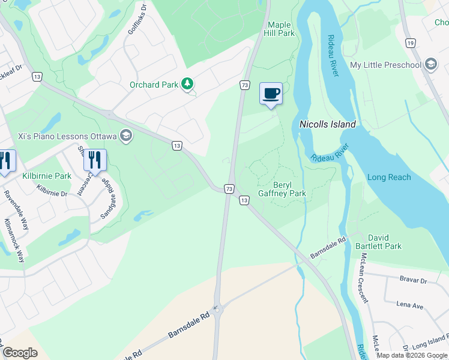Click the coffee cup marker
pyautogui.click(x=271, y=94)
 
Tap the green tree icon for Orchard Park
pyautogui.click(x=188, y=85)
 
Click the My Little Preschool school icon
pyautogui.click(x=430, y=65)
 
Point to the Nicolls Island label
pyautogui.click(x=327, y=124)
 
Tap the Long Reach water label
pyautogui.click(x=389, y=177)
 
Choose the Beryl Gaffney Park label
pyautogui.click(x=282, y=189)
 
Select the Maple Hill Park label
pyautogui.click(x=281, y=29)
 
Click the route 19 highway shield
pyautogui.click(x=411, y=43)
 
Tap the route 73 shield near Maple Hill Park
pyautogui.click(x=245, y=86)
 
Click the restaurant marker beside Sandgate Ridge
pyautogui.click(x=95, y=160)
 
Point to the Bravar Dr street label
pyautogui.click(x=413, y=280)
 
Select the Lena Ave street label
pyautogui.click(x=409, y=305)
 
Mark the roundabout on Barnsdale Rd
pyautogui.click(x=217, y=310)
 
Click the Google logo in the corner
pyautogui.click(x=20, y=353)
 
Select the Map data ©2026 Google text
pyautogui.click(x=411, y=355)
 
